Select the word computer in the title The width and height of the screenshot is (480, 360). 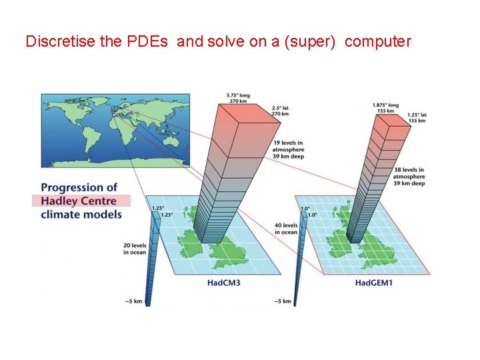click(379, 41)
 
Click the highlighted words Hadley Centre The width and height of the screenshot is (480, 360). click(79, 201)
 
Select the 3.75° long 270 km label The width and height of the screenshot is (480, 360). click(239, 98)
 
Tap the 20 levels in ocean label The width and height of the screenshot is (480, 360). click(136, 248)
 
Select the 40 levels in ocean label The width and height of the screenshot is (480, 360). click(286, 228)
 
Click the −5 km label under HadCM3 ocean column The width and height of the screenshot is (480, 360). click(133, 302)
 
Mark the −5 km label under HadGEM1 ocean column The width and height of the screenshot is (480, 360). click(282, 302)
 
